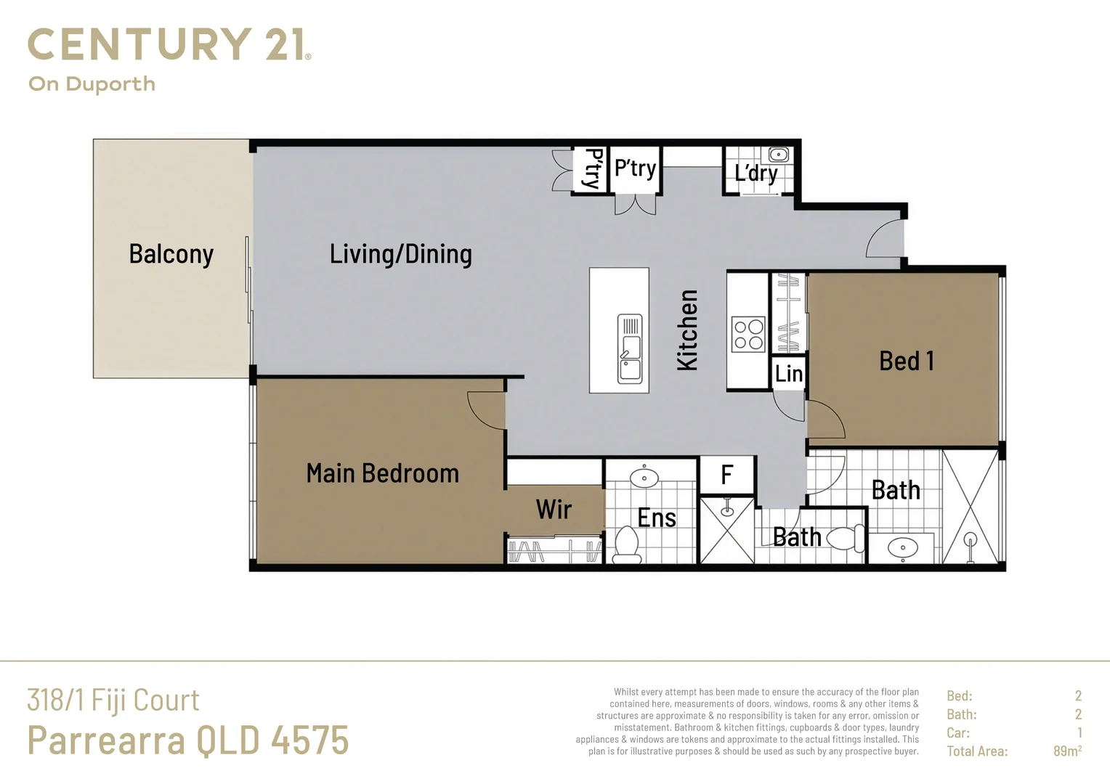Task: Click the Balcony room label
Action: (x=171, y=254)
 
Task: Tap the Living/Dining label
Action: (x=400, y=254)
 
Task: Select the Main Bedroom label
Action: (x=382, y=473)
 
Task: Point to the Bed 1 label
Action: (x=906, y=361)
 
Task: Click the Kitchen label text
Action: (x=687, y=330)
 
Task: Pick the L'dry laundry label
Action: (x=755, y=173)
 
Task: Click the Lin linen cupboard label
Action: (x=788, y=373)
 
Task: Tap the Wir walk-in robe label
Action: (x=554, y=510)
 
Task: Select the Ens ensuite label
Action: (x=656, y=518)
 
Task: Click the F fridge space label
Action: (x=726, y=475)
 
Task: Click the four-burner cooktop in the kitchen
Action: (x=748, y=334)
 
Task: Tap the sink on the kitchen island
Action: (x=629, y=348)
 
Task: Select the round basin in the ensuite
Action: (x=644, y=478)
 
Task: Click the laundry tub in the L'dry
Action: (x=779, y=154)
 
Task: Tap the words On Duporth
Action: (x=92, y=84)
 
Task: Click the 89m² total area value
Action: (x=1066, y=751)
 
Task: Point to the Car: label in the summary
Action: (x=957, y=733)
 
